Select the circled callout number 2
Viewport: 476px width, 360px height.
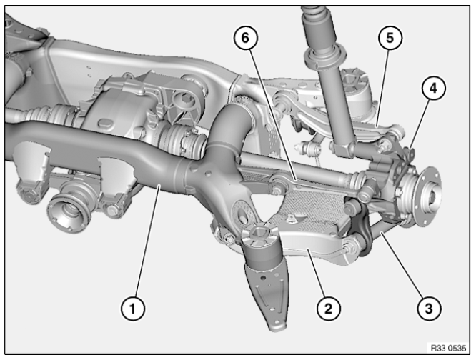[327, 309]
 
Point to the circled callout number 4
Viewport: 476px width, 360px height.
[432, 89]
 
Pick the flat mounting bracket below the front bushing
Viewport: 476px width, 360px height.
[271, 293]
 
